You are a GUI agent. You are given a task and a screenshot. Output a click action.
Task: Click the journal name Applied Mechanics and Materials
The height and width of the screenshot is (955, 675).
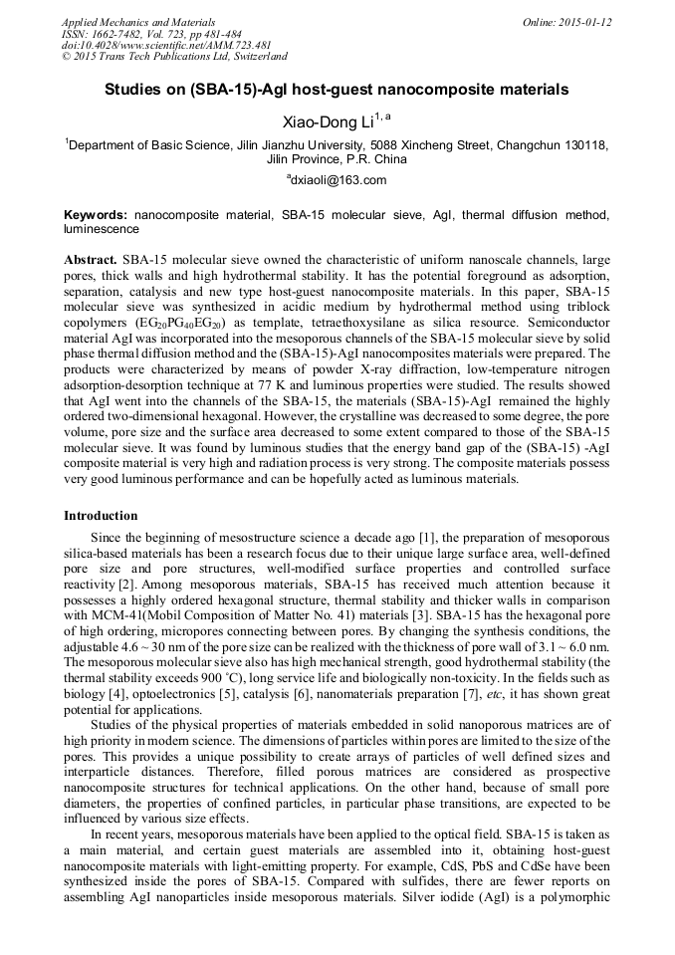coord(137,21)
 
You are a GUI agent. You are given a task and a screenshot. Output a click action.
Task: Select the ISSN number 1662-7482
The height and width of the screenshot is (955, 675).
coord(117,33)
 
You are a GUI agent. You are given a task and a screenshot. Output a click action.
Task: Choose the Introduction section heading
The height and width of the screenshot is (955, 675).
coord(101,516)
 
